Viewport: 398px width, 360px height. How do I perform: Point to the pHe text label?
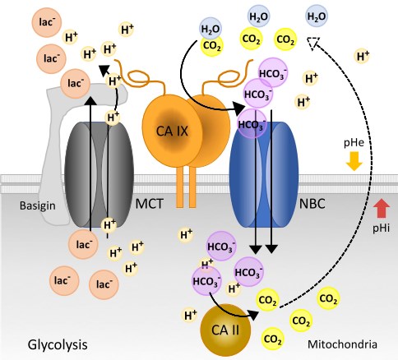click(354, 143)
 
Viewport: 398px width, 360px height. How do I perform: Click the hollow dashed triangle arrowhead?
click(312, 44)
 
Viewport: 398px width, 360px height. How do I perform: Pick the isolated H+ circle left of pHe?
click(361, 56)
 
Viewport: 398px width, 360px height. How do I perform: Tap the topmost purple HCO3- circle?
click(272, 71)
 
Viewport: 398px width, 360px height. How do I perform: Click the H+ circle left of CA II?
click(190, 314)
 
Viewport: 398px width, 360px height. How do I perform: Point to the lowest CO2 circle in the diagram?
click(271, 338)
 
